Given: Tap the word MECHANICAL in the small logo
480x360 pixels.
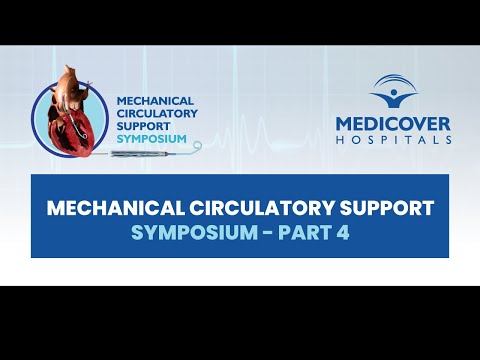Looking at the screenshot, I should (x=150, y=101).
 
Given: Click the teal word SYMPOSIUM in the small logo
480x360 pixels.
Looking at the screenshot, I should (x=151, y=138).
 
